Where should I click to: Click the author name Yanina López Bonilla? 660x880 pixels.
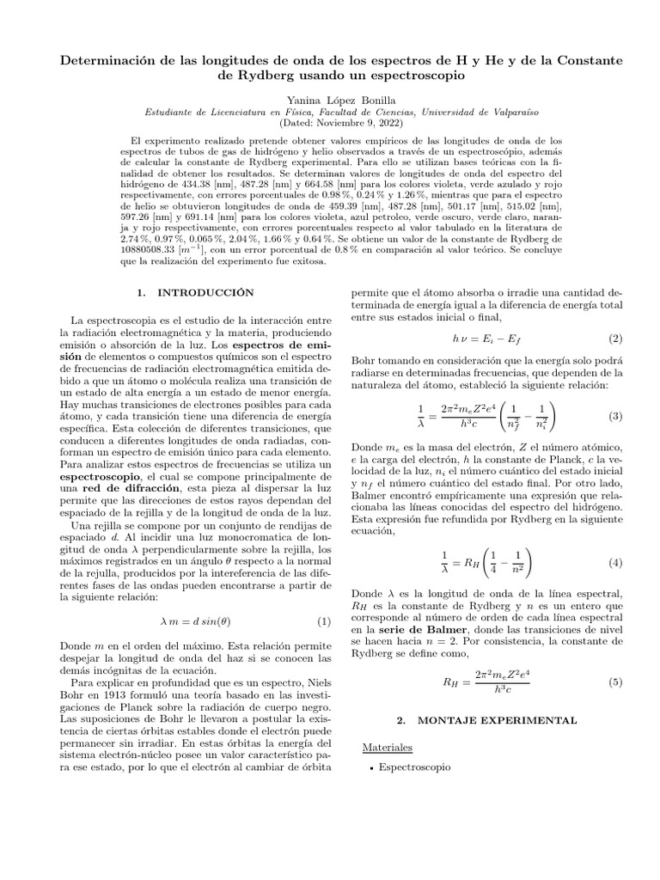pos(329,100)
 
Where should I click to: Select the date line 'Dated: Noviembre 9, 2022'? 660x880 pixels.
pos(329,124)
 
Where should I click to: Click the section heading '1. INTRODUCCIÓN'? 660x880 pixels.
pos(192,293)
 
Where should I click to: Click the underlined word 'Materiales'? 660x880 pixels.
pos(388,747)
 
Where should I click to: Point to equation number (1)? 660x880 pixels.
pos(300,622)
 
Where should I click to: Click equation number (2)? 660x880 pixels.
pos(614,339)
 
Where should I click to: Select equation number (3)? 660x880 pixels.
pos(614,416)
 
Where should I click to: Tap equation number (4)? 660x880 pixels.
pos(614,562)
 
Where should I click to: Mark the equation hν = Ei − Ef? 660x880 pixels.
pos(484,339)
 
